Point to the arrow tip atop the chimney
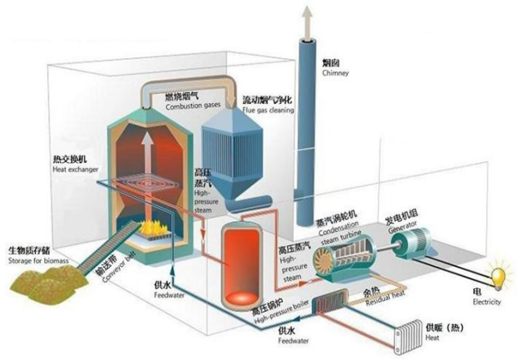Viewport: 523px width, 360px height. point(309,10)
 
